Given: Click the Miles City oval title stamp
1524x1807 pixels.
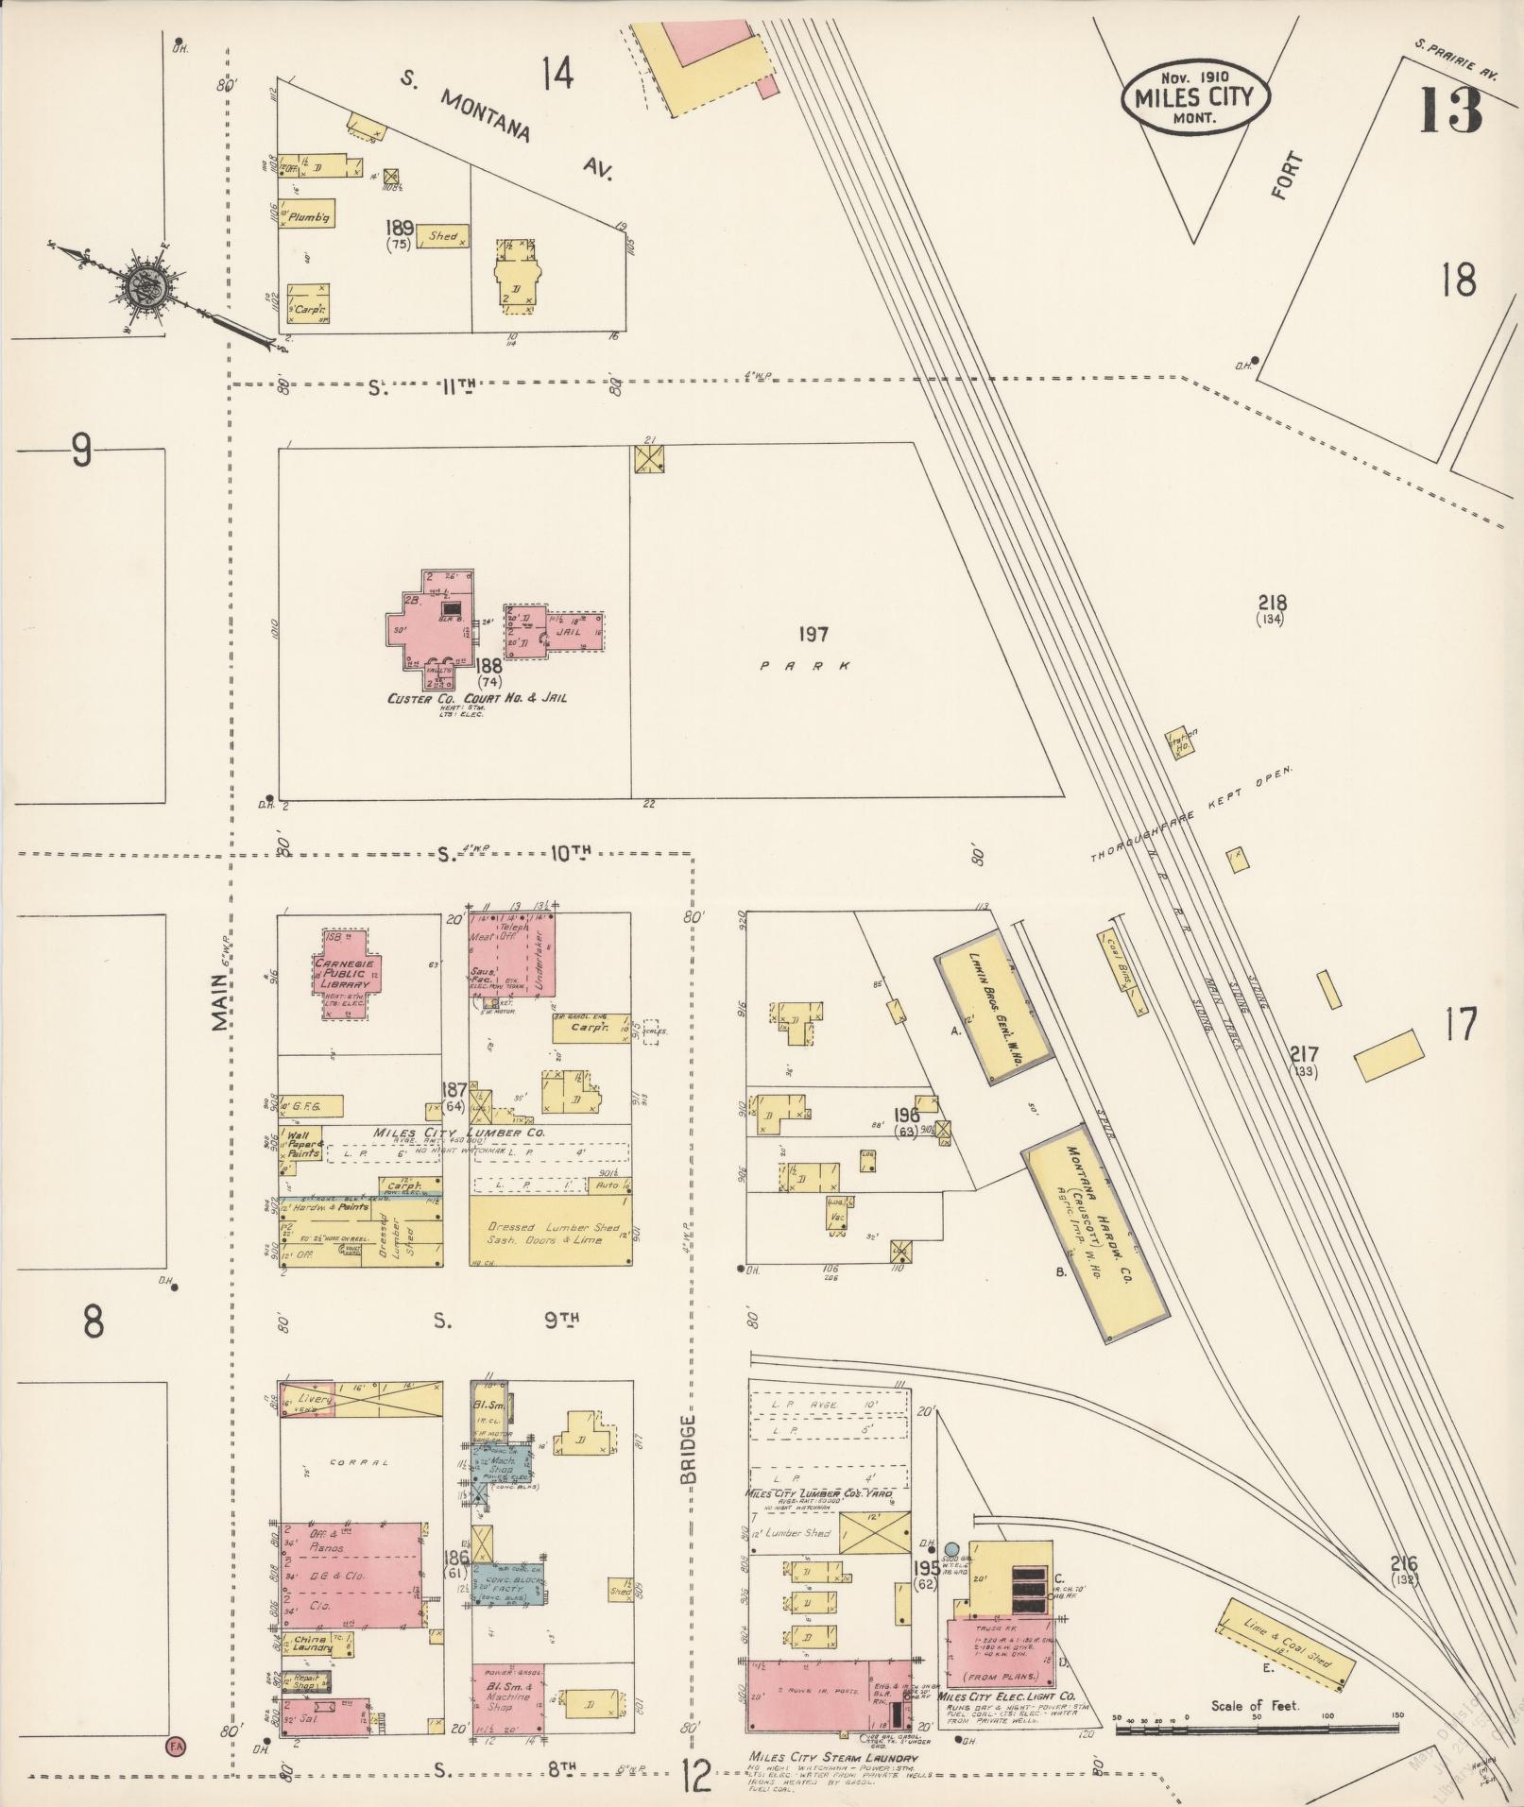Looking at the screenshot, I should tap(1195, 97).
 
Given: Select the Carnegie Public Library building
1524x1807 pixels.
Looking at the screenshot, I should tap(348, 974).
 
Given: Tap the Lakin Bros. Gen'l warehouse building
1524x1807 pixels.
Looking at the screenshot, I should tap(992, 1007).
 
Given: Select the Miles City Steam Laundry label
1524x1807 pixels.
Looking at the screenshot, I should tap(831, 1758).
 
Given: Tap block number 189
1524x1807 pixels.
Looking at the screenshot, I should tap(401, 228).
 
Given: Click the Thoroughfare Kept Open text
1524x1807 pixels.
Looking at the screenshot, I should tap(1190, 815).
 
